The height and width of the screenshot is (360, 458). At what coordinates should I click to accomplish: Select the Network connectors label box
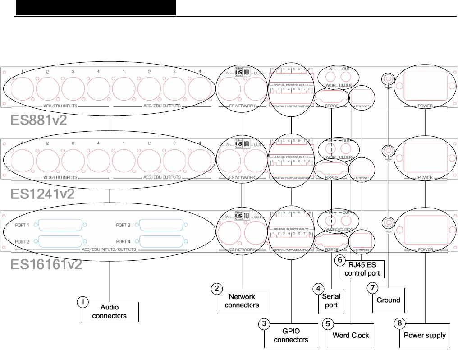click(x=242, y=301)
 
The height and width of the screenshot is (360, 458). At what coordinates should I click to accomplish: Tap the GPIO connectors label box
click(x=291, y=335)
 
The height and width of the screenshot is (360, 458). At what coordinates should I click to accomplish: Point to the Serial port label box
click(x=331, y=301)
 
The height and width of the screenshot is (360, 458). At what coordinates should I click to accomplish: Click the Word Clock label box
click(x=351, y=335)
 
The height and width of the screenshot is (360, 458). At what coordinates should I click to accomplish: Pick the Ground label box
click(x=388, y=300)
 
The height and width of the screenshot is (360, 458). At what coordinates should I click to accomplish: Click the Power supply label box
click(x=425, y=335)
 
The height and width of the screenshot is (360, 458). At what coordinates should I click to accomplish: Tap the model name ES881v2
click(x=39, y=121)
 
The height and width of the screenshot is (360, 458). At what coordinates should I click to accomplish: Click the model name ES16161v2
click(x=46, y=264)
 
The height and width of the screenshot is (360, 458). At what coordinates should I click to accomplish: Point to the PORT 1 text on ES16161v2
click(x=22, y=225)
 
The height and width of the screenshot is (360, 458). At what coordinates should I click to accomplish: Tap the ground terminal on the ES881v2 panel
click(x=387, y=79)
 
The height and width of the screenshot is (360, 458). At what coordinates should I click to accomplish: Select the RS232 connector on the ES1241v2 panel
click(x=331, y=167)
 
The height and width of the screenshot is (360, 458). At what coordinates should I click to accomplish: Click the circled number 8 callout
click(x=398, y=323)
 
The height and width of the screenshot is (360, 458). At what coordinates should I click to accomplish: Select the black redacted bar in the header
click(x=95, y=8)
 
